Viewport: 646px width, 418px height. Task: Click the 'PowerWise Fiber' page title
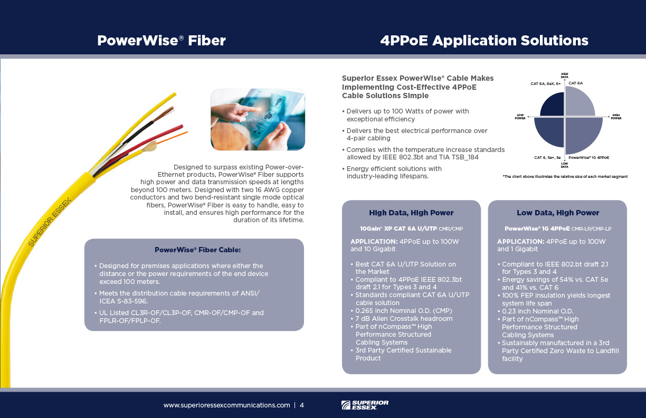[161, 41]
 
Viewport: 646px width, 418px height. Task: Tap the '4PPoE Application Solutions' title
[484, 41]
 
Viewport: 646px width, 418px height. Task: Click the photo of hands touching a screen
[258, 119]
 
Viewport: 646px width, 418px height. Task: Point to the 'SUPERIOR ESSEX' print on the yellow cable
[50, 222]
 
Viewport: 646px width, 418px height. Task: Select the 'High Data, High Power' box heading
[411, 213]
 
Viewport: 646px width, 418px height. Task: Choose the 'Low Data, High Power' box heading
[558, 213]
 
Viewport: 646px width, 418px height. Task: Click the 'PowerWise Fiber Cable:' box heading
[197, 250]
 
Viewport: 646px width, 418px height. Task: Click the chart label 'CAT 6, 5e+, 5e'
[547, 157]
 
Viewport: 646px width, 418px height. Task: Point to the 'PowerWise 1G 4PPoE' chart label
[588, 157]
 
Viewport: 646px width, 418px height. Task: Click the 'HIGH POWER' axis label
[616, 117]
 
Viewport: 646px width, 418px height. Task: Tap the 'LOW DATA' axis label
[564, 165]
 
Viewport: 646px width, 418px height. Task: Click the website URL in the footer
[226, 405]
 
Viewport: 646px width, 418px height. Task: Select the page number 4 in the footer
[302, 405]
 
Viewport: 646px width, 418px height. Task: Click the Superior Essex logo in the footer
[365, 405]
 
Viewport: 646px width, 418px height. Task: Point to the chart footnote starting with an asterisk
[565, 177]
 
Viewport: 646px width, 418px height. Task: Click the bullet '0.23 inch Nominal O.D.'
[537, 311]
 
